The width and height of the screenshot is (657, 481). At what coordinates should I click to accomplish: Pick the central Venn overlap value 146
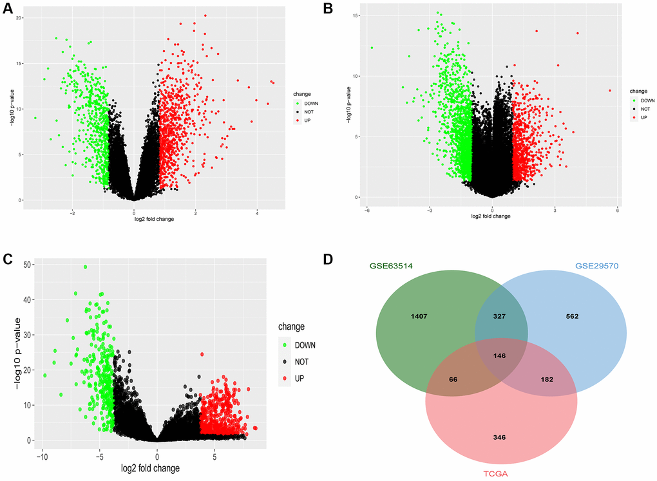[499, 355]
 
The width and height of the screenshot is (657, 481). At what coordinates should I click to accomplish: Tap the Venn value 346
[499, 437]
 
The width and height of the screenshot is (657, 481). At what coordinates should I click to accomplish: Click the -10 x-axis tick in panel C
[42, 453]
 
